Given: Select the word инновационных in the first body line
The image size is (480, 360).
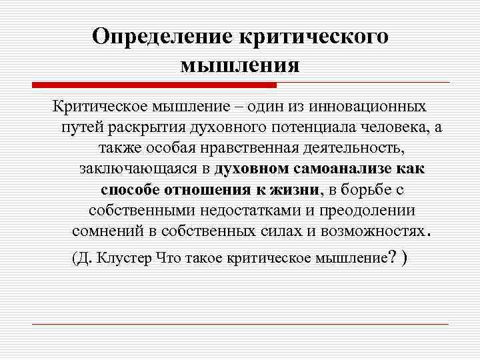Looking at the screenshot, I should tap(371, 107).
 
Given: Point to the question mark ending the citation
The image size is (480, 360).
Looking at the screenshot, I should tap(392, 257).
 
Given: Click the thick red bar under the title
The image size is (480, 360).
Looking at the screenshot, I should tap(154, 85).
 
